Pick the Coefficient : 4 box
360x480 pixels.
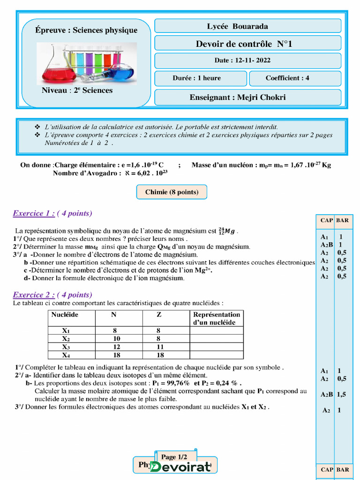[294, 78]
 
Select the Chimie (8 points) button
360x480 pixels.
[172, 192]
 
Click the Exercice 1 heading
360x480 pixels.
[52, 214]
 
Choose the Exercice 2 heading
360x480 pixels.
[52, 295]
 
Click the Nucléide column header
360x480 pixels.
[65, 315]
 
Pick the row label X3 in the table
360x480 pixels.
[66, 347]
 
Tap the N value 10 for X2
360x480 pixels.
[116, 338]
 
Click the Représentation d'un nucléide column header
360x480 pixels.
[217, 318]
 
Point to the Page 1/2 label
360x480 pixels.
[174, 457]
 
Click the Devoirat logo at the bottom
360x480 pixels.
[180, 467]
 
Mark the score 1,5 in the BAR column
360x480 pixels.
[342, 394]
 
